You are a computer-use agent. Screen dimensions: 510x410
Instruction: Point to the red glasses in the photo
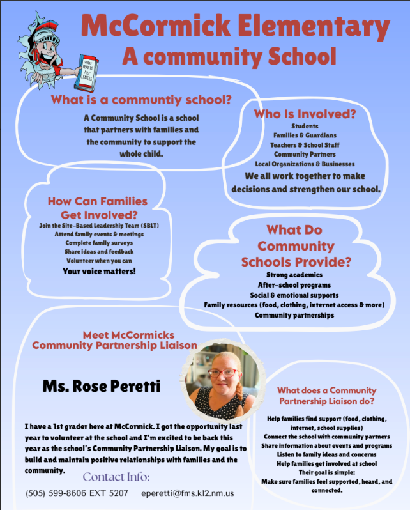221,372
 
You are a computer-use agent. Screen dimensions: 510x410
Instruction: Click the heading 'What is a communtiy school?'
140,100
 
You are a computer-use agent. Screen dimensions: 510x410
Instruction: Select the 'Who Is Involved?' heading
305,114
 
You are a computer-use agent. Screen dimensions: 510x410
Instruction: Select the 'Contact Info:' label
117,477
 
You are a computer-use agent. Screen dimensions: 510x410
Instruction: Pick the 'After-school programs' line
294,284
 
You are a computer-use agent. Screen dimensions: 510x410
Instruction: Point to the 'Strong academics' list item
294,274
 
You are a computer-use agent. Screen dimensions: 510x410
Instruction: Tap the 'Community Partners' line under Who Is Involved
305,155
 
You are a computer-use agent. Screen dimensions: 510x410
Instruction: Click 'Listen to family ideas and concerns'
327,453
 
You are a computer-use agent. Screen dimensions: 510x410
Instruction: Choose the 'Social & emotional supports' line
294,295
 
